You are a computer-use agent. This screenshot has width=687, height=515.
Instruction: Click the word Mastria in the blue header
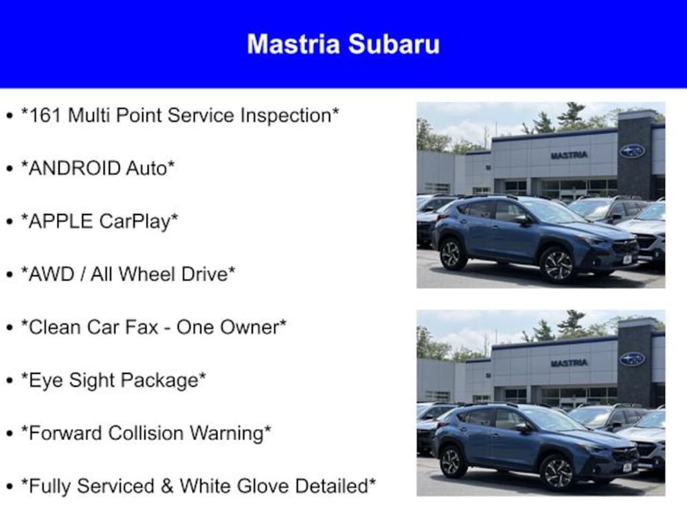coord(294,44)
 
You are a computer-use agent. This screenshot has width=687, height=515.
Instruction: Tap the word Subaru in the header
coord(394,44)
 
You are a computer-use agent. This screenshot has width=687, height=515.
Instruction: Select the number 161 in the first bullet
coord(45,115)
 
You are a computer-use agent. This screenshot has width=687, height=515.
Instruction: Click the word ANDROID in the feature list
coord(73,168)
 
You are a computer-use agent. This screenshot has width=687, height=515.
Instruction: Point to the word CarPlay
coord(135,221)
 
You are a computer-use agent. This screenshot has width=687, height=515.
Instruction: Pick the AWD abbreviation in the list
coord(51,274)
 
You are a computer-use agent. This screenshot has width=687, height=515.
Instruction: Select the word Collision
coord(146,433)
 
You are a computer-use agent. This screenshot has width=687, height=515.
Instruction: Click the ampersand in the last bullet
coord(167,487)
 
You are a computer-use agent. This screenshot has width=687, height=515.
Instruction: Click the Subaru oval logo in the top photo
coord(632,151)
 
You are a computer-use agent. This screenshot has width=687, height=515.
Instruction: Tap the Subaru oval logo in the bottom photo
coord(632,359)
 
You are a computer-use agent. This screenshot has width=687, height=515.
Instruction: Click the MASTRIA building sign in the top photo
coord(569,155)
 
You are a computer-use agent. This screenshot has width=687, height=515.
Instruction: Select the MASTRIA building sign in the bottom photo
coord(569,363)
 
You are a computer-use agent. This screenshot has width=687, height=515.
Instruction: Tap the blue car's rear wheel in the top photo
coord(452,254)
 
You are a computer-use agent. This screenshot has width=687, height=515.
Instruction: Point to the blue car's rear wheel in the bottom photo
coord(452,462)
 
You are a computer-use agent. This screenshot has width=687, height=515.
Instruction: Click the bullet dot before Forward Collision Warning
coord(10,434)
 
